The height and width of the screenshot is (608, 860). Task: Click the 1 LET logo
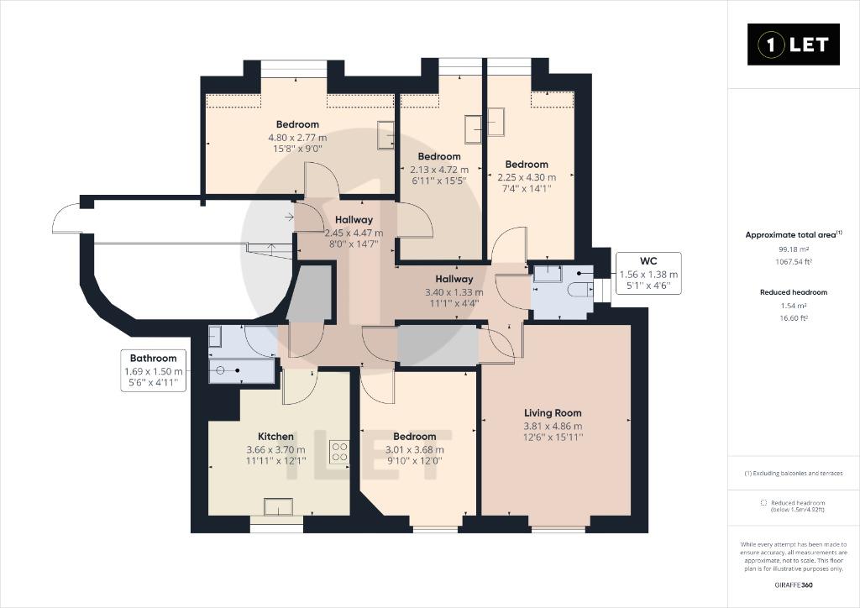pos(793,45)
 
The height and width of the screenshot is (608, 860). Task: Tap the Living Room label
pos(553,413)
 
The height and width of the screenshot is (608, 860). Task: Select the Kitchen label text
pos(275,437)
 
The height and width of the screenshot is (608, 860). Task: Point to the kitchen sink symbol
pos(278,506)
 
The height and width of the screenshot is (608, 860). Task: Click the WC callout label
pos(648,261)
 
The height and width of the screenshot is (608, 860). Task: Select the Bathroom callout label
pos(153,358)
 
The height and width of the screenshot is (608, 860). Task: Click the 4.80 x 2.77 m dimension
pos(297,137)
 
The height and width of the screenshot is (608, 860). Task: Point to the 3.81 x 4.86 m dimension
pos(553,426)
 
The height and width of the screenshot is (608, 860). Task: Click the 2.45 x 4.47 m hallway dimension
pos(354,233)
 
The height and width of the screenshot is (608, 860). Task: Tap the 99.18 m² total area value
pos(794,249)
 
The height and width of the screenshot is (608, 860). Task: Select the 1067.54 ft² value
pos(794,261)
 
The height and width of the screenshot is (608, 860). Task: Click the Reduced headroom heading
pos(794,292)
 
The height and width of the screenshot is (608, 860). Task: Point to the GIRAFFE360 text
pos(794,585)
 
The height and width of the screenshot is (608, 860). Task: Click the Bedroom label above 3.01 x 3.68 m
pos(415,437)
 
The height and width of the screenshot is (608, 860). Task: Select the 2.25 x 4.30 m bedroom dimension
pos(527,177)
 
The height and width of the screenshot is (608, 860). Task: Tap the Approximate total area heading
pos(794,234)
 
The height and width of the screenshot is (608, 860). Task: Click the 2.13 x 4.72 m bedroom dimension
pos(439,170)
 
